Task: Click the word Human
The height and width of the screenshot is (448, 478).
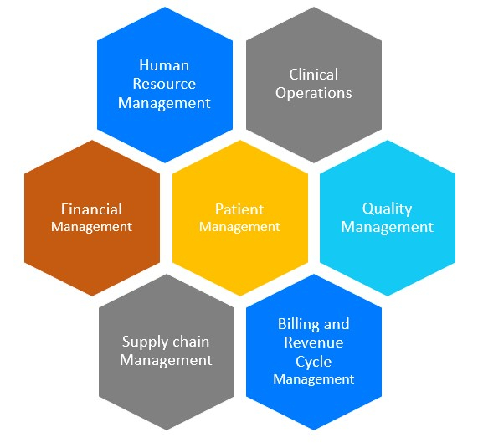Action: point(164,65)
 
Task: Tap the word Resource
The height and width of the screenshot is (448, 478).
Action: point(164,84)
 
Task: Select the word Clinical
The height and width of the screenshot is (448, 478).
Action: point(314,75)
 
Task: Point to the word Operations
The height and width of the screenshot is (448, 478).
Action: point(314,93)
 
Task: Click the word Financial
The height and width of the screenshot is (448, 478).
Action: point(91,209)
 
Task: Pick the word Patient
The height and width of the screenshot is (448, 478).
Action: point(239,209)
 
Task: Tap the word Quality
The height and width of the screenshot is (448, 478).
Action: point(387,209)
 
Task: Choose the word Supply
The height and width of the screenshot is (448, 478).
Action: point(141,342)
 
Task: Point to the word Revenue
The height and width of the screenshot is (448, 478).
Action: point(314,342)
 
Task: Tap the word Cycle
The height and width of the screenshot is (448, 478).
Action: point(314,362)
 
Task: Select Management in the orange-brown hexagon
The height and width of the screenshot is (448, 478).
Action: point(91,227)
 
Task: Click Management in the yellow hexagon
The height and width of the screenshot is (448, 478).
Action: point(239,227)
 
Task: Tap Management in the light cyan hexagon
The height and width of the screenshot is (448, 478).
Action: point(387,228)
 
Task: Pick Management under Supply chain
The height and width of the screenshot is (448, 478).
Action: point(166,360)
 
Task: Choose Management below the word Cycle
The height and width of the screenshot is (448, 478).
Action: point(314,379)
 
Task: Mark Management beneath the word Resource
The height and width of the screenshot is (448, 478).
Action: point(164,103)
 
